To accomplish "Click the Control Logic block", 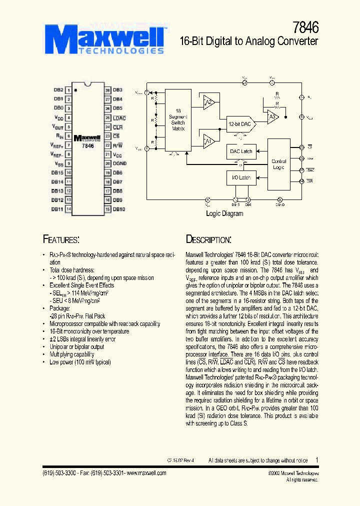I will point(278,164).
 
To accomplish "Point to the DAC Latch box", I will point(240,151).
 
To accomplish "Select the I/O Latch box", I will point(240,177).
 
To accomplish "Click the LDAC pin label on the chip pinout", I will point(119,118).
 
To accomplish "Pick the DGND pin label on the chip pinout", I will point(120,163).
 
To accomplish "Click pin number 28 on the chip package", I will point(107,90).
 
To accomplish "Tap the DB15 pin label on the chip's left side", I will point(57,172).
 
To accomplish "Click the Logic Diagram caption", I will point(224,213).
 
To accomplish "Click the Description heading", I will point(208,239).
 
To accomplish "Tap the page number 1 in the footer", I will point(316,459).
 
